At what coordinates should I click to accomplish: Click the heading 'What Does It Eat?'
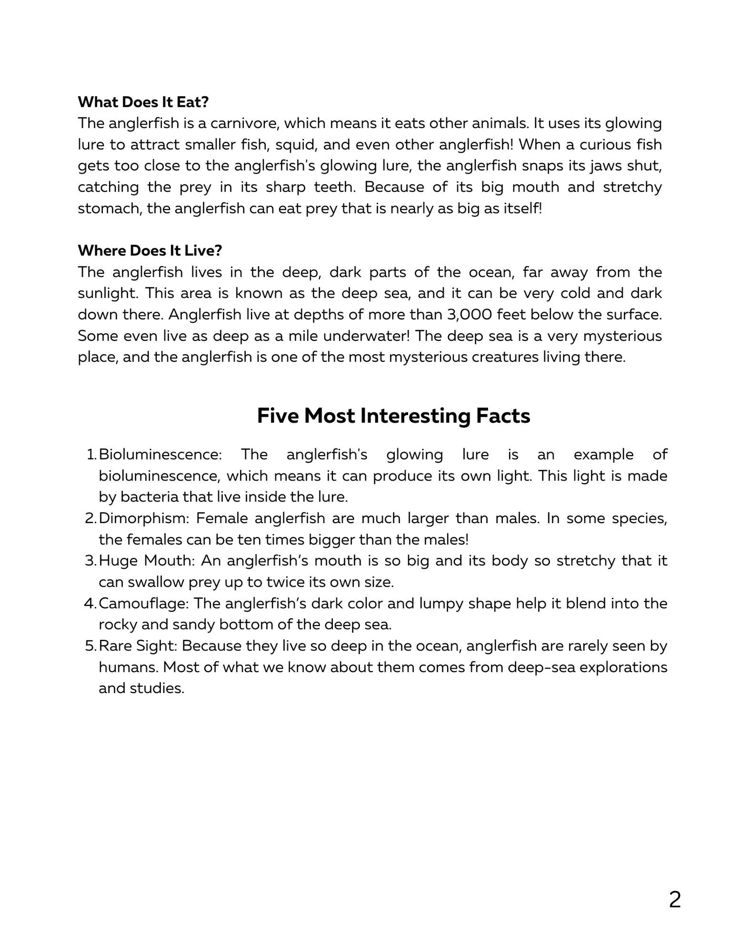click(143, 102)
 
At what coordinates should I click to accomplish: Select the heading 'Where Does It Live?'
click(150, 250)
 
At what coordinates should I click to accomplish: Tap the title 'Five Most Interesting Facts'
click(393, 415)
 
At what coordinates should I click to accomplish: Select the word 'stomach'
click(106, 209)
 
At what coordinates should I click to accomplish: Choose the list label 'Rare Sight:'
click(138, 645)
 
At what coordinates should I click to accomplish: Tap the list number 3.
click(90, 560)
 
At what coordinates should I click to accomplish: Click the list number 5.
click(90, 645)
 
